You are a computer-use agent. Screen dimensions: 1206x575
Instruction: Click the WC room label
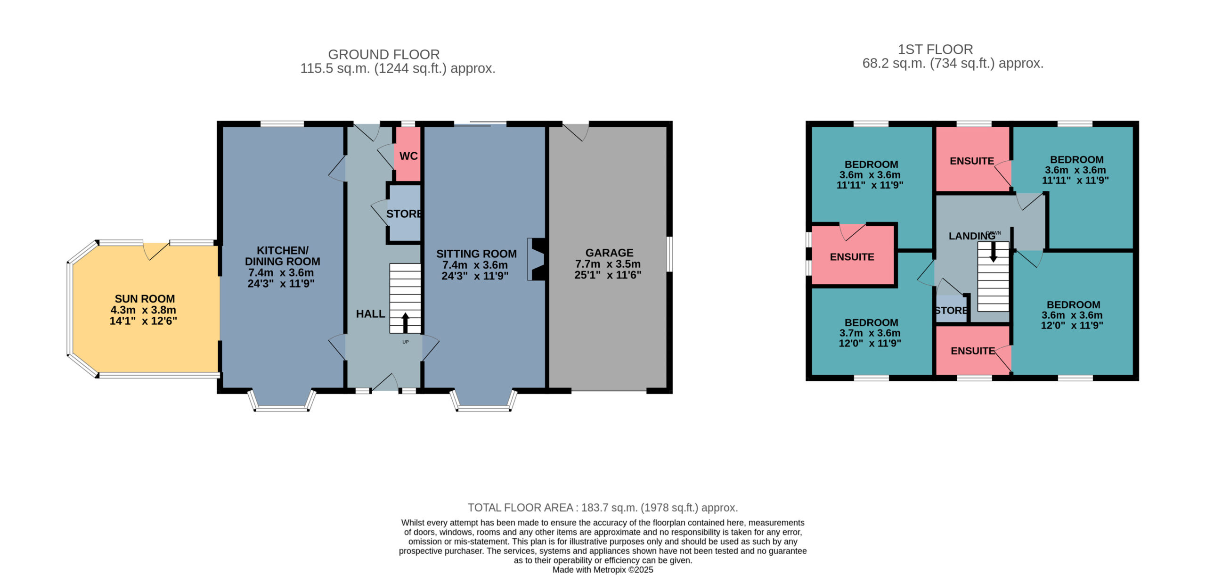pos(408,156)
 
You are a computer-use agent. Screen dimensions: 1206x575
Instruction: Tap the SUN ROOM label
pos(145,299)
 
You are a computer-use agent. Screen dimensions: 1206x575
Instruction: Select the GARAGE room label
pos(610,253)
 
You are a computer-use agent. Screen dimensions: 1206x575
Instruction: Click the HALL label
pos(370,314)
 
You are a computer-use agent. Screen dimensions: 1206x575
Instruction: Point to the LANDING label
pos(972,236)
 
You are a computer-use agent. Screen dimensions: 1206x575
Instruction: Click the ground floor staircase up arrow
pos(405,323)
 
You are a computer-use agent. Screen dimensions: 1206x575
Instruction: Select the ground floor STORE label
pos(404,214)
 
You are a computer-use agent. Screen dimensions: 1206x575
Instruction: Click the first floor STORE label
pos(951,311)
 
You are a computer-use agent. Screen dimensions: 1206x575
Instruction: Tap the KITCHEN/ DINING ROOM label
pos(283,256)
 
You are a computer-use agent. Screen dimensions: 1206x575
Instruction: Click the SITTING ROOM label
pos(476,254)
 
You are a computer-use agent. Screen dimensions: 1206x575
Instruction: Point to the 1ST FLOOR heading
pos(935,49)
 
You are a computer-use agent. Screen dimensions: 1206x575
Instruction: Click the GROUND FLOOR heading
pos(384,55)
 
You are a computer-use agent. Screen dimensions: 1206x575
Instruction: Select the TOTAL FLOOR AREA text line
pos(603,508)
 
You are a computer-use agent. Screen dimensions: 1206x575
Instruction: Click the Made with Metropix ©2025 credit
pos(603,570)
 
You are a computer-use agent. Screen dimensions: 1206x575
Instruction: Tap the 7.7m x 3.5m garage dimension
pos(608,264)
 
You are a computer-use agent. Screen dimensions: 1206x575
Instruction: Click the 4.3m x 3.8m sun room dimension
pos(143,310)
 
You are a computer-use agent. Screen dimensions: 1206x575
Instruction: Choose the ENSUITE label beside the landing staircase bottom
pos(973,351)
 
